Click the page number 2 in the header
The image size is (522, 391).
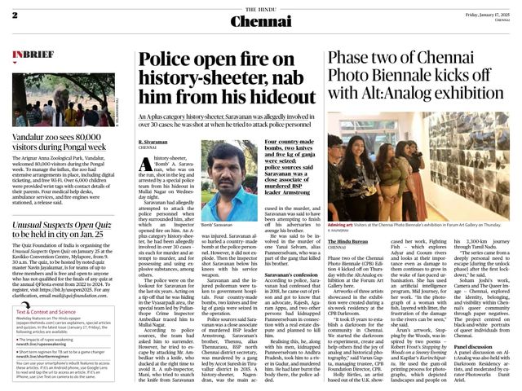coord(15,15)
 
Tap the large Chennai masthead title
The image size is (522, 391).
coord(260,20)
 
